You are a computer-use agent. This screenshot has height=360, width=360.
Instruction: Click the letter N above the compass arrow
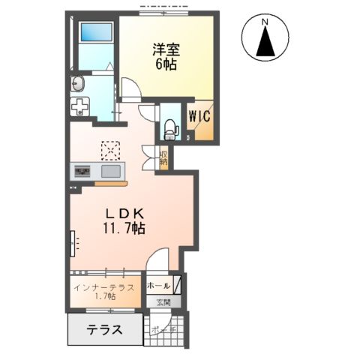[x=265, y=22]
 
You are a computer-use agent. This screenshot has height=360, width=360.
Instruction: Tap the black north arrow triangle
[x=265, y=43]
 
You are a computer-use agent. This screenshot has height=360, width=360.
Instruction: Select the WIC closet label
[x=199, y=117]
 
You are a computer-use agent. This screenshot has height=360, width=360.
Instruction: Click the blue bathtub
[x=94, y=34]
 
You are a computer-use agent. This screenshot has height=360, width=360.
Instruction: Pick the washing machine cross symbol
[x=79, y=106]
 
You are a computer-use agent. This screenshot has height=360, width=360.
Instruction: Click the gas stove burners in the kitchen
[x=81, y=172]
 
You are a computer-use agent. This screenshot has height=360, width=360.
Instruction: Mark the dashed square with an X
[x=110, y=150]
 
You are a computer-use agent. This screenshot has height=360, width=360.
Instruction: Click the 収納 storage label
[x=163, y=158]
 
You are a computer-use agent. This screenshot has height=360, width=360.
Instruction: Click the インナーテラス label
[x=104, y=287]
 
